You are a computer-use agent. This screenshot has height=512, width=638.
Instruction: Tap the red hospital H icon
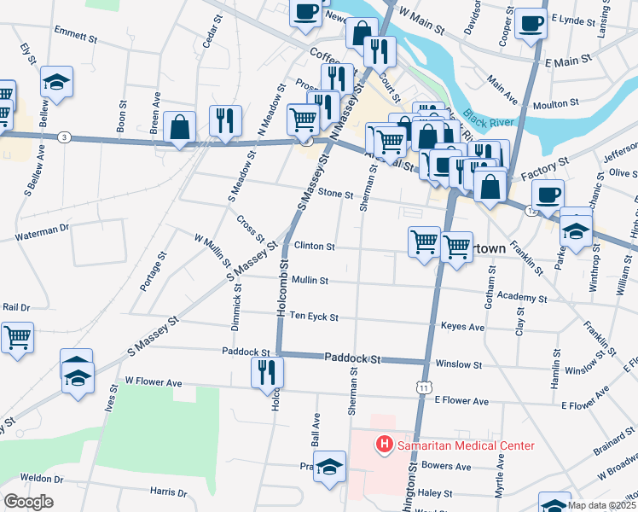click(x=384, y=445)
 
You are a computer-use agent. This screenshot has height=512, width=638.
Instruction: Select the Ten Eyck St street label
click(x=315, y=317)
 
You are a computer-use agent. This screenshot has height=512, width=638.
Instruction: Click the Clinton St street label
click(x=315, y=246)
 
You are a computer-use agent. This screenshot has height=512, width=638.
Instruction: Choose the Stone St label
click(x=335, y=194)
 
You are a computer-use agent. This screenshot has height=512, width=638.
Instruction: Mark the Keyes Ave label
click(x=462, y=327)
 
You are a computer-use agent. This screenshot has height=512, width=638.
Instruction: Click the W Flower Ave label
click(x=154, y=382)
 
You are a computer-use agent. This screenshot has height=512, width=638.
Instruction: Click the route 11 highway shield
click(x=424, y=387)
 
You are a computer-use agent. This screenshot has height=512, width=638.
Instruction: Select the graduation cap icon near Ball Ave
click(x=329, y=467)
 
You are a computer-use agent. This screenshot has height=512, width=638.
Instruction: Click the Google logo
click(x=28, y=502)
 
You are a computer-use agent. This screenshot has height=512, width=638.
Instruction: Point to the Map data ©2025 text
click(x=601, y=505)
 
